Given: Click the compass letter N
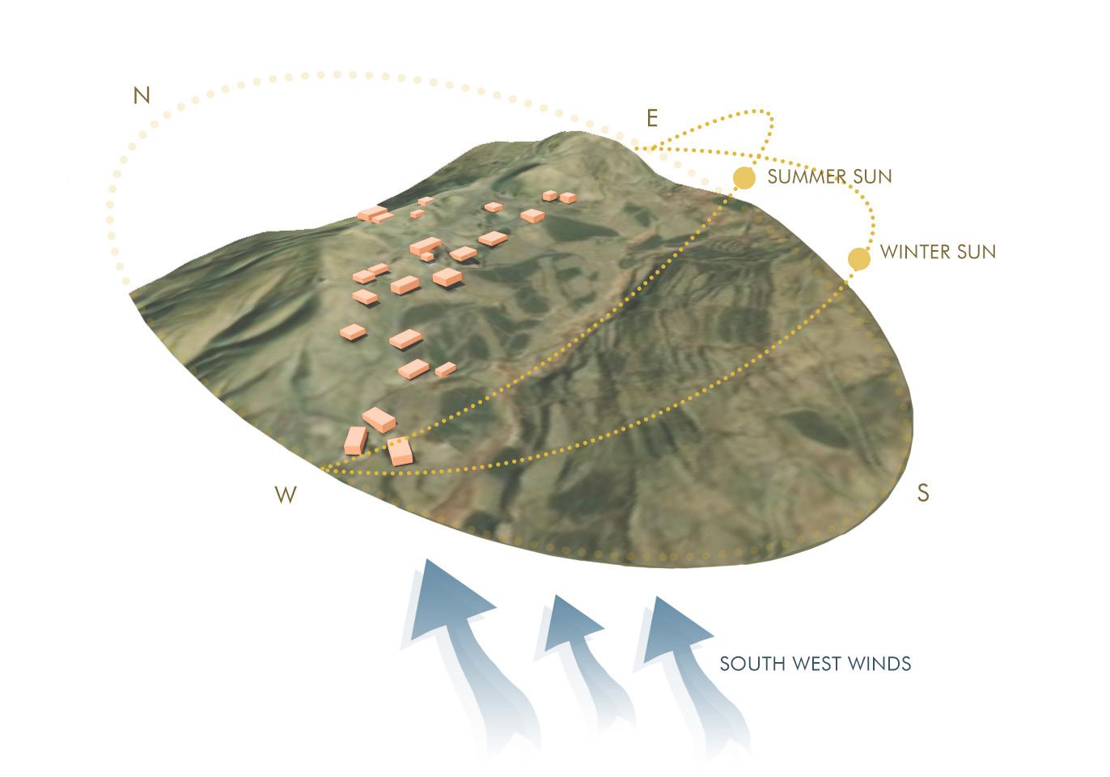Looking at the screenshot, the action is click(x=142, y=96).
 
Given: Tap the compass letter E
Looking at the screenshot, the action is click(x=652, y=118).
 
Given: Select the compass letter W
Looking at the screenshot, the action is click(x=286, y=495).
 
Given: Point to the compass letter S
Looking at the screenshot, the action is click(x=922, y=492).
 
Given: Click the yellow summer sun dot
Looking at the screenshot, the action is click(x=744, y=177).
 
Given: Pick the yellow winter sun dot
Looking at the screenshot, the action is click(x=858, y=258).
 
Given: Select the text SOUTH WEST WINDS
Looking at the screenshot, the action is click(x=816, y=664).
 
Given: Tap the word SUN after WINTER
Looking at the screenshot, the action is click(x=977, y=252).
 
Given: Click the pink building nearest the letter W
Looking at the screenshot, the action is click(x=356, y=440).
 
